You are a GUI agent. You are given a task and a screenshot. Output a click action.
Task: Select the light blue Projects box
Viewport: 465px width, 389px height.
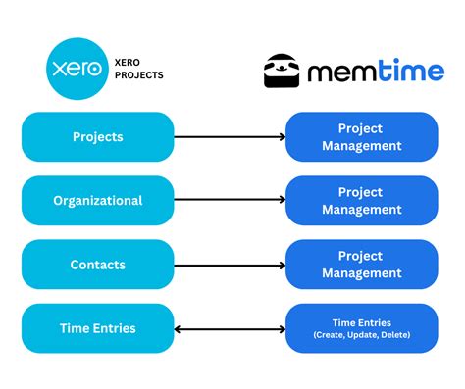point(98,136)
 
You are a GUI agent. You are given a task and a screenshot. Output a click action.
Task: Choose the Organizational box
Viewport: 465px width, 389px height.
point(98,200)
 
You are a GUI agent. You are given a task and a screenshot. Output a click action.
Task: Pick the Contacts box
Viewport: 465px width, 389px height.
point(98,265)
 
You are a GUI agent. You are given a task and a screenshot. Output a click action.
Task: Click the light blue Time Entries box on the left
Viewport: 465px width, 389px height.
point(98,328)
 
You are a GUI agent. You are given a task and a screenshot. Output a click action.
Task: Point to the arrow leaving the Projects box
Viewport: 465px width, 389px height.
point(230,137)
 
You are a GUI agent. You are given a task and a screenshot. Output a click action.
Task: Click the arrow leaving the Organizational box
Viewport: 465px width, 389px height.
point(230,201)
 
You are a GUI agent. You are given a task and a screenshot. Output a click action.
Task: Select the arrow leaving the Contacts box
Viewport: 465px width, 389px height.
point(230,265)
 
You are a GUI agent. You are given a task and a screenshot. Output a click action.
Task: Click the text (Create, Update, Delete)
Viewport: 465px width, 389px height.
point(362,336)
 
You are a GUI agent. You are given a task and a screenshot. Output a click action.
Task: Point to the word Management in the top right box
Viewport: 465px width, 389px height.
point(362,146)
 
